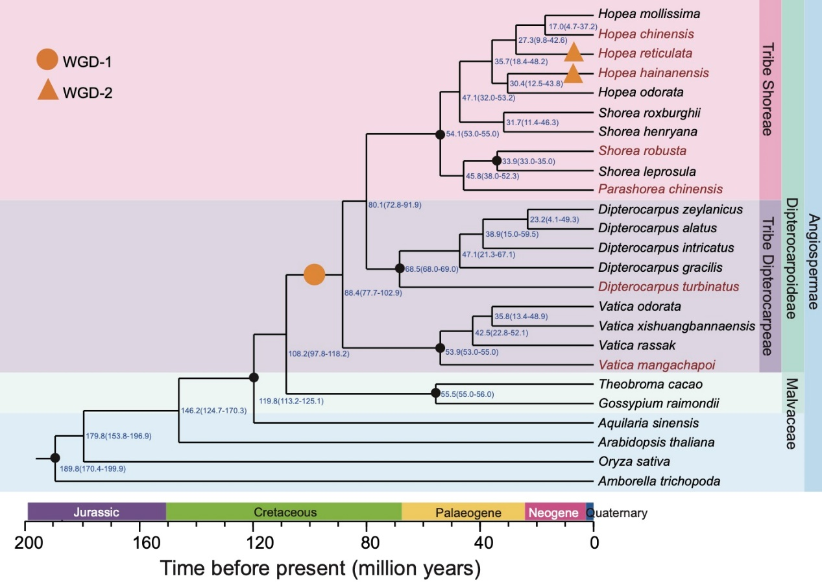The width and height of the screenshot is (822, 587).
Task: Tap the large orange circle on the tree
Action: (x=314, y=274)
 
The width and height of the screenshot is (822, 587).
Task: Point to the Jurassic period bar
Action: (x=96, y=512)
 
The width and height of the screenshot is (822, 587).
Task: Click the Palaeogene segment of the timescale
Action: (x=463, y=512)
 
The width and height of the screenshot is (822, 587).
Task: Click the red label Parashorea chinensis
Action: (x=660, y=189)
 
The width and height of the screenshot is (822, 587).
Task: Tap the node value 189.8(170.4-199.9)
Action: (x=92, y=468)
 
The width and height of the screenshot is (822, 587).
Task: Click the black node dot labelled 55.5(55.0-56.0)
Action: (x=435, y=393)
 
